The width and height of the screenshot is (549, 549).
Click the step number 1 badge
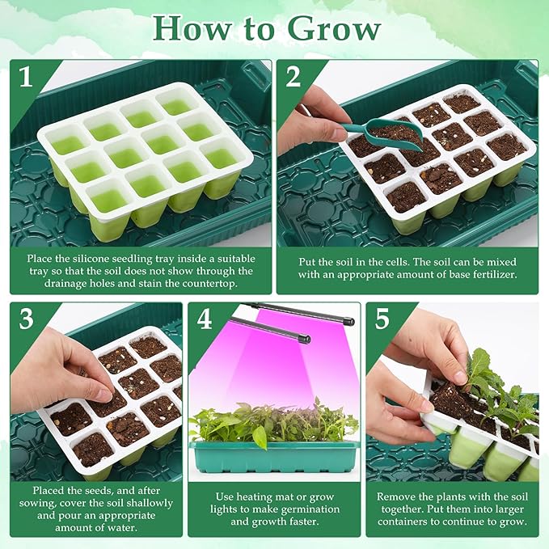(x=26, y=77)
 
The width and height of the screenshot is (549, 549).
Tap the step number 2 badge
(x=294, y=77)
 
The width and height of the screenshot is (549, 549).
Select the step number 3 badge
(x=26, y=319)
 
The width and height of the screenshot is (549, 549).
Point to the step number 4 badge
(x=204, y=319)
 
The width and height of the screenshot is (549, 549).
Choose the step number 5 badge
(x=382, y=319)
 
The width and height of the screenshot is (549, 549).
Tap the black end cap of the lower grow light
(x=303, y=340)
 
